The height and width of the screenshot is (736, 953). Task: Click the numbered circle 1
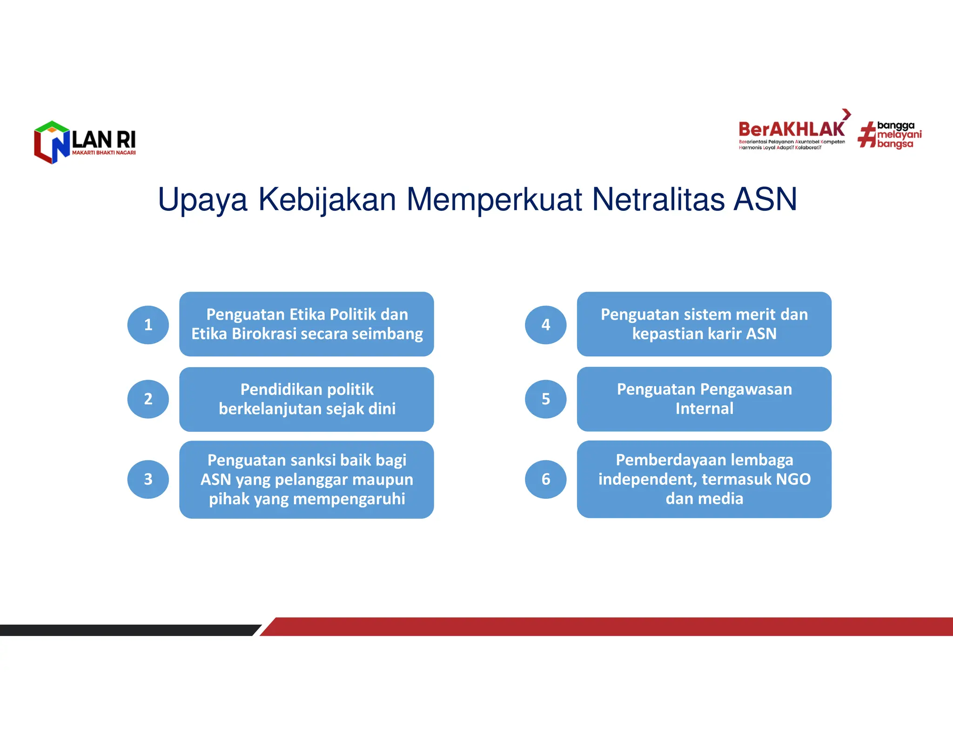(x=148, y=325)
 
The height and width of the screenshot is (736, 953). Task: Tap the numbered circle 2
(x=148, y=399)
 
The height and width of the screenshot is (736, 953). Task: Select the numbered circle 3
(x=148, y=479)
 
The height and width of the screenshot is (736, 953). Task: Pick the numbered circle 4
(x=545, y=325)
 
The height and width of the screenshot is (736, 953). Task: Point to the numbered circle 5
(x=545, y=399)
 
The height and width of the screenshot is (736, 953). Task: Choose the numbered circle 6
(x=545, y=479)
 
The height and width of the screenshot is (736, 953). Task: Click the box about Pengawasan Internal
(x=704, y=399)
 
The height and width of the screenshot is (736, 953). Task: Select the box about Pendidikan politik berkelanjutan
(x=306, y=399)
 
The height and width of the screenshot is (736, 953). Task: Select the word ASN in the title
(x=765, y=200)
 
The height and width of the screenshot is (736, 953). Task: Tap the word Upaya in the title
(x=202, y=200)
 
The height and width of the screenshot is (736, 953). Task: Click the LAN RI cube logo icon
(x=52, y=142)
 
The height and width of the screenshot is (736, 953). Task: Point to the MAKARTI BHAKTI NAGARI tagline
(x=104, y=153)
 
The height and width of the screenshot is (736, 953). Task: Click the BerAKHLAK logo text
(x=791, y=129)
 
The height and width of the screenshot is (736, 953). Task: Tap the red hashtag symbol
(x=866, y=135)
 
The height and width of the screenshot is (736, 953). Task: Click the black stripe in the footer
(x=126, y=630)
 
